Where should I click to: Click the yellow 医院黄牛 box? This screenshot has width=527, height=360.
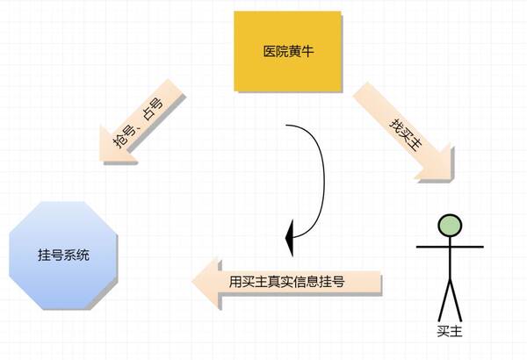click(288, 51)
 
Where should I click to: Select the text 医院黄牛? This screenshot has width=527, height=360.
click(288, 52)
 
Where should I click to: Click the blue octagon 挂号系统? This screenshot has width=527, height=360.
click(63, 256)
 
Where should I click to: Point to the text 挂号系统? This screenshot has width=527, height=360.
click(63, 256)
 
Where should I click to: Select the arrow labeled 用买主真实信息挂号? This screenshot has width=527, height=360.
click(286, 283)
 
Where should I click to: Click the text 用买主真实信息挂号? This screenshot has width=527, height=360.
click(286, 282)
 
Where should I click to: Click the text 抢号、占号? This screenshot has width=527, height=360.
click(138, 123)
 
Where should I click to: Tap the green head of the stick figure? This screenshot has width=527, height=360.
click(450, 225)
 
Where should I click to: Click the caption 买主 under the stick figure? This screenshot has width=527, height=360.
click(450, 331)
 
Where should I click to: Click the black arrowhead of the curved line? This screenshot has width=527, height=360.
click(290, 238)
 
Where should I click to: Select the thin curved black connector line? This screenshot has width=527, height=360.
click(322, 175)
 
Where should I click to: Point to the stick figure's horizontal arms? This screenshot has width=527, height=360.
click(450, 247)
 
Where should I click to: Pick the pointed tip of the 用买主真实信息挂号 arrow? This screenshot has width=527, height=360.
click(192, 282)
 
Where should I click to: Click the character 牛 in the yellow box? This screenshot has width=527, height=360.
click(307, 52)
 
